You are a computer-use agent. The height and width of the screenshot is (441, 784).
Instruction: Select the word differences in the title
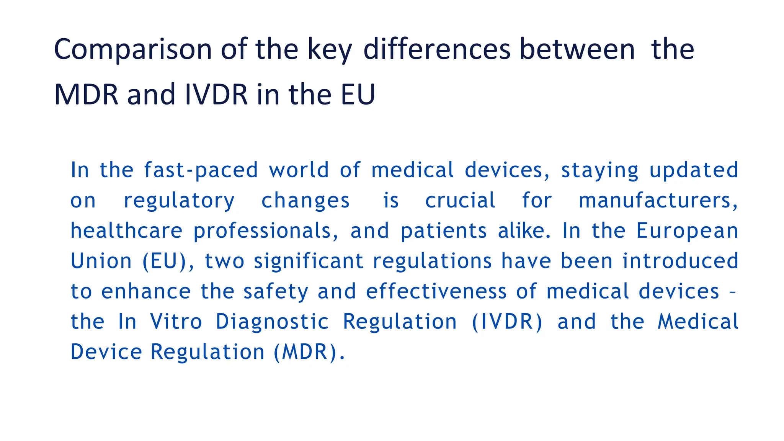pyautogui.click(x=437, y=50)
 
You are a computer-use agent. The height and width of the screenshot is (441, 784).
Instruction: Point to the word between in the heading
pyautogui.click(x=577, y=50)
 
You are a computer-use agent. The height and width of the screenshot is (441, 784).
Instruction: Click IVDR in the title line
pyautogui.click(x=216, y=95)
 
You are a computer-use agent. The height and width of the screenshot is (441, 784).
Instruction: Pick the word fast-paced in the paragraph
pyautogui.click(x=201, y=170)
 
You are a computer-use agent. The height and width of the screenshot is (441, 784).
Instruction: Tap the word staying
pyautogui.click(x=599, y=170)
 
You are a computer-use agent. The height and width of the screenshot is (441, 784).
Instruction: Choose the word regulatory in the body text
pyautogui.click(x=179, y=201)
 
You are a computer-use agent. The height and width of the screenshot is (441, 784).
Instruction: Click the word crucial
pyautogui.click(x=460, y=201)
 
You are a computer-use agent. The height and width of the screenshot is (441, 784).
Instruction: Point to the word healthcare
pyautogui.click(x=126, y=231)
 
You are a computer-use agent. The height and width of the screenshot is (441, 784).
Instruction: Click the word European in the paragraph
pyautogui.click(x=687, y=231)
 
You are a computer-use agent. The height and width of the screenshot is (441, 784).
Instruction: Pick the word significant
pyautogui.click(x=309, y=261)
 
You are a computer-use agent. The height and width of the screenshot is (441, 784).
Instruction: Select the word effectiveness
pyautogui.click(x=436, y=292)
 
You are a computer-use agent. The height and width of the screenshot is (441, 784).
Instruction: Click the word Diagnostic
pyautogui.click(x=272, y=322)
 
